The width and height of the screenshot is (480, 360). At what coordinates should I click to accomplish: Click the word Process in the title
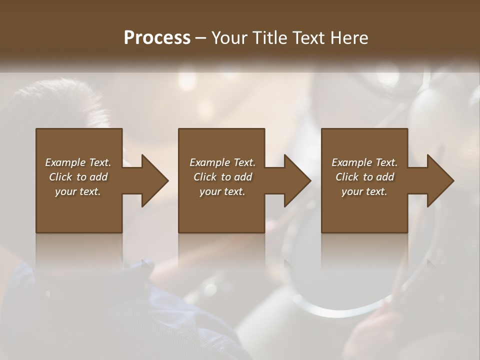click(x=157, y=38)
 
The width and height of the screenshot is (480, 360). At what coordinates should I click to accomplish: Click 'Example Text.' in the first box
click(x=78, y=162)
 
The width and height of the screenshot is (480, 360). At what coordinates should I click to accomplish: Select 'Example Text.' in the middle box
click(x=222, y=162)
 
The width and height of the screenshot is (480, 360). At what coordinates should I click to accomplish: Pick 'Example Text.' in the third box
click(x=364, y=162)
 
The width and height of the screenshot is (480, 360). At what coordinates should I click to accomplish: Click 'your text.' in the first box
click(x=78, y=191)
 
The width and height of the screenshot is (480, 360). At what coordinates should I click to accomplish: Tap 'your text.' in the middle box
click(x=222, y=191)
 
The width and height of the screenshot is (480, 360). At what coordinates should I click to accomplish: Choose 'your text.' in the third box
click(x=364, y=191)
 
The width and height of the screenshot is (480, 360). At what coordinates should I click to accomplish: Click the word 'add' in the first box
click(x=98, y=177)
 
